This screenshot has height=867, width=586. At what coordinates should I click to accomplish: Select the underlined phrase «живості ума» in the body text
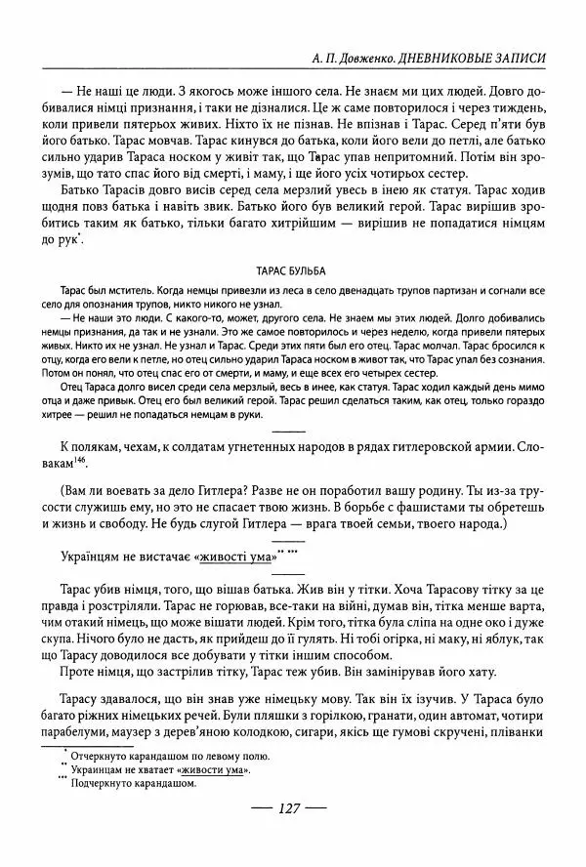(234, 557)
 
